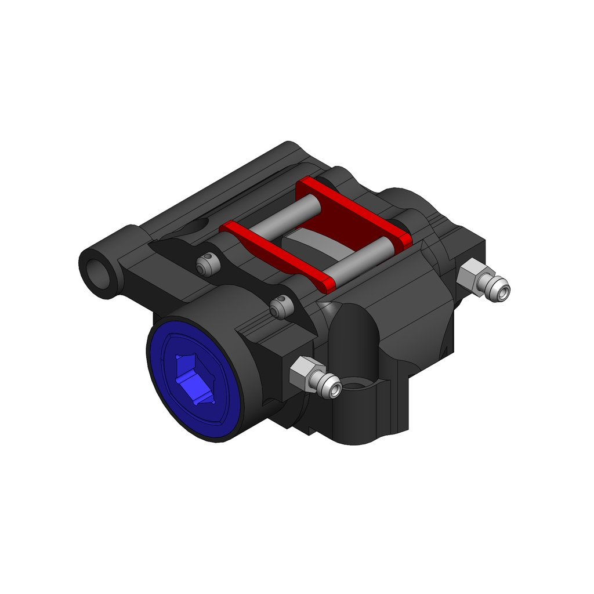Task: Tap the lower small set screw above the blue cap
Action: click(280, 307)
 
